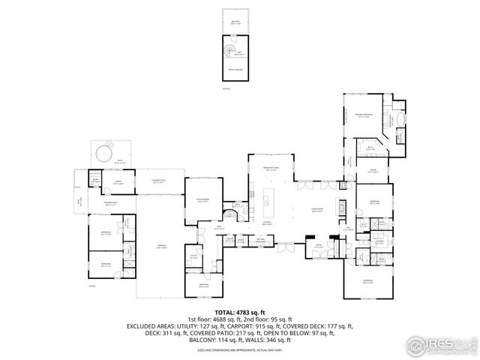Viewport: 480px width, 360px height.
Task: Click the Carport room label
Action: (x=160, y=244)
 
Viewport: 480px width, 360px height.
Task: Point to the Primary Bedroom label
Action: (x=364, y=115)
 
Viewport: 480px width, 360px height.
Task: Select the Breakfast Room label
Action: (x=271, y=168)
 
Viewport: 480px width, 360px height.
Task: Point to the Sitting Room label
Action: (x=202, y=199)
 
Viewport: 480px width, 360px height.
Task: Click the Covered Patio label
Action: (x=158, y=180)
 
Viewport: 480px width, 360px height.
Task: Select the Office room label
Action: (x=118, y=181)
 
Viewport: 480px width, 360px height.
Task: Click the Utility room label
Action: (x=193, y=257)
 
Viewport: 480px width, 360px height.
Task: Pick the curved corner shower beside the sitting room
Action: (x=235, y=216)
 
